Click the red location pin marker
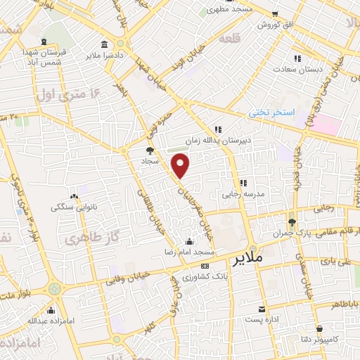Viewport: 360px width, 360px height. click(x=181, y=167)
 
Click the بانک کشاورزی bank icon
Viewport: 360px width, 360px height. click(x=205, y=266)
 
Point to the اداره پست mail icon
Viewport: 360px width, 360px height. click(x=262, y=309)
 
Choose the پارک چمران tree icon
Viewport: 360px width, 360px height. click(x=282, y=221)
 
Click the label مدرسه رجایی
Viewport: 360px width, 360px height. click(x=243, y=193)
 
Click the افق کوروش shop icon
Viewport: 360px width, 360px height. click(x=275, y=12)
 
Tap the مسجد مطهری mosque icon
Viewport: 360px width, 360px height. click(x=203, y=12)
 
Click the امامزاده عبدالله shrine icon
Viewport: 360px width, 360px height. click(x=50, y=309)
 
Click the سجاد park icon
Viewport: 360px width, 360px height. click(x=149, y=150)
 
